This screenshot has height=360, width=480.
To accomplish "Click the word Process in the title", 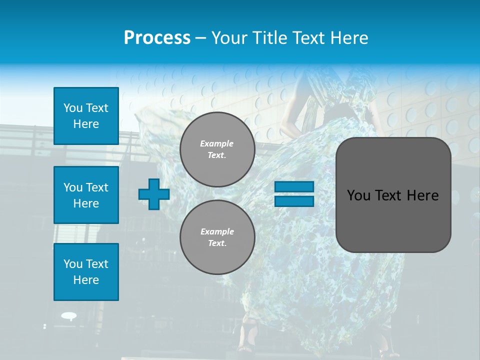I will click(157, 38).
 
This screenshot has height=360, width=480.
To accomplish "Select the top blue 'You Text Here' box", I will click(86, 116).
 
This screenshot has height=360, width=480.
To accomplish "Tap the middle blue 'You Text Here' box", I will click(86, 195).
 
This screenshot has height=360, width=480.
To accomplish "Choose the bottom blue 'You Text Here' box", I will click(86, 272).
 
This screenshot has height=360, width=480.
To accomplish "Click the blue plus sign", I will click(154, 194).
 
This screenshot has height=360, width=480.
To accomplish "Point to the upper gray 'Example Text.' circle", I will click(217, 149).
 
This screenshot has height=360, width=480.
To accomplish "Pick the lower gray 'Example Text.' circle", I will click(217, 237).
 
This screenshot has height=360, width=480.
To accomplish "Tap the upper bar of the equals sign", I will click(294, 187).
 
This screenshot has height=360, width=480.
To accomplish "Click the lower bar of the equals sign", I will click(294, 201).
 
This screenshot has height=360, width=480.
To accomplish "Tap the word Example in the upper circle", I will click(216, 143).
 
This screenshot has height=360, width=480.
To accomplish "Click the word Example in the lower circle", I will click(216, 231).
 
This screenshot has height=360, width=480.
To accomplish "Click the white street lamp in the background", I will click(68, 315).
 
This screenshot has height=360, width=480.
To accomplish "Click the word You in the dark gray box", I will click(358, 195).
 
